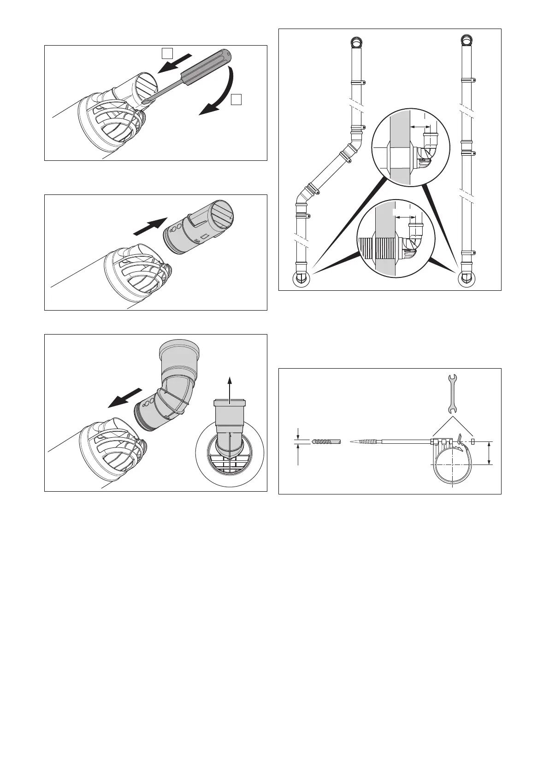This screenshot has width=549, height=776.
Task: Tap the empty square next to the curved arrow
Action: (x=236, y=99)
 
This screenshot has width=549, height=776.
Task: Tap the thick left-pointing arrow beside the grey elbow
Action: (x=124, y=397)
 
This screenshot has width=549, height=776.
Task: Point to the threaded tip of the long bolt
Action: (x=364, y=442)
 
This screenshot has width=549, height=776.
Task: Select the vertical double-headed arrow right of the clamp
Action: (x=488, y=453)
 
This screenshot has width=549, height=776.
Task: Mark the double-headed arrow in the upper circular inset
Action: (x=419, y=126)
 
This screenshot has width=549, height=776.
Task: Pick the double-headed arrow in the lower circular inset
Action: (x=405, y=217)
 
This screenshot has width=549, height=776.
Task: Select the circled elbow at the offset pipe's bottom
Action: (x=300, y=278)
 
